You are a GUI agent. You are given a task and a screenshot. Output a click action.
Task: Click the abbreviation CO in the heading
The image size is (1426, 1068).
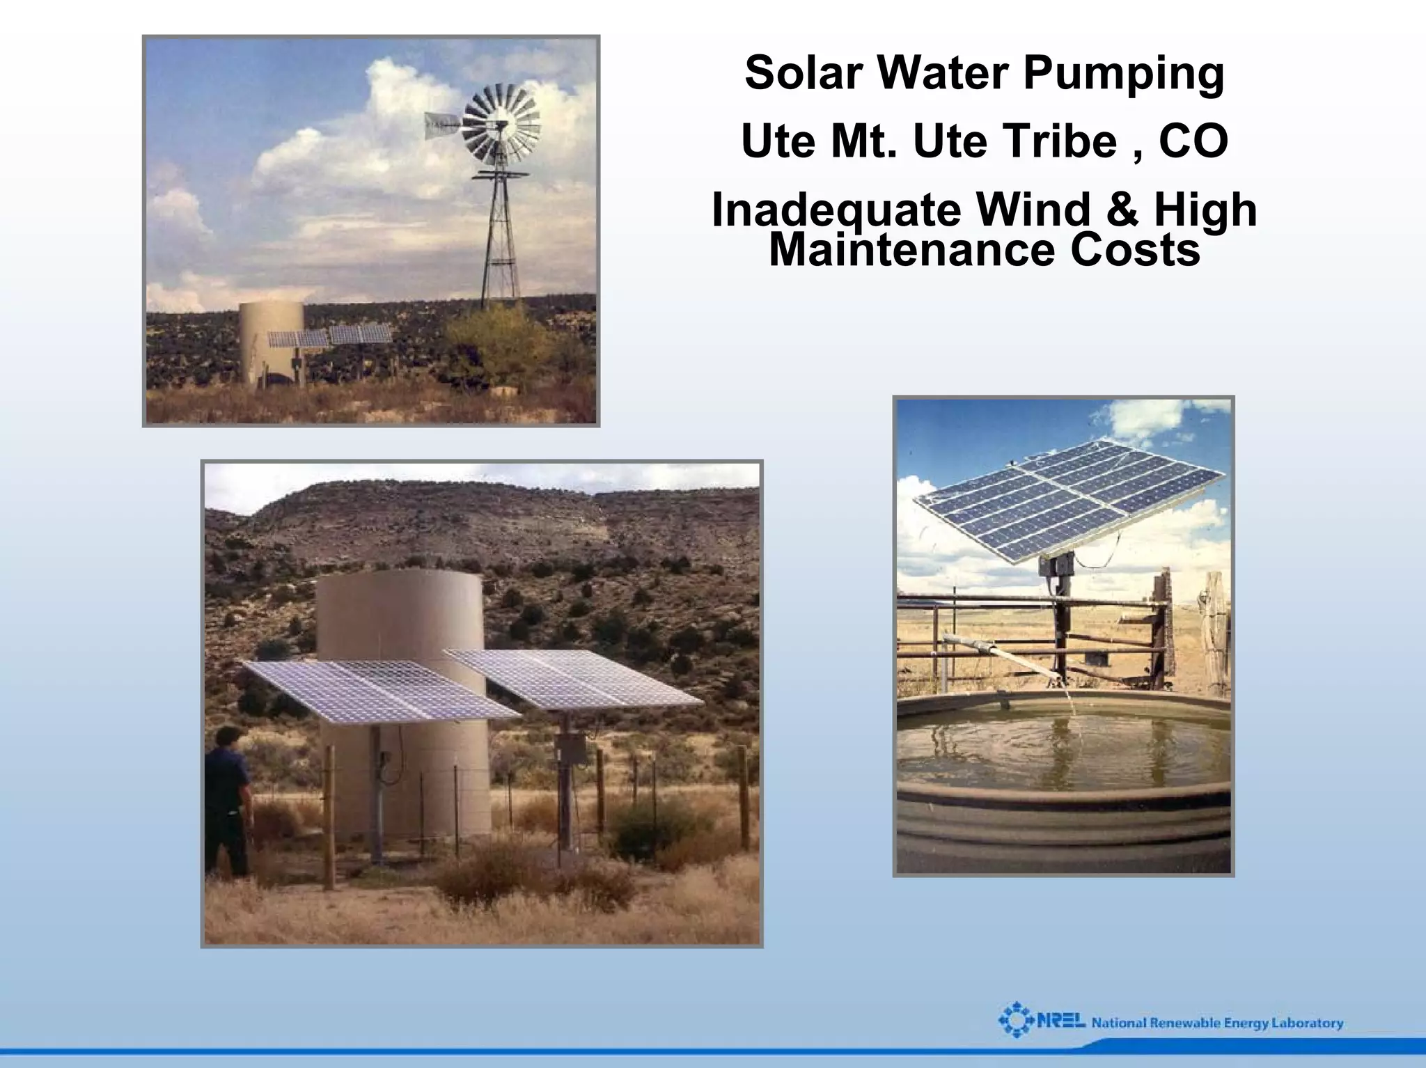pyautogui.click(x=1193, y=141)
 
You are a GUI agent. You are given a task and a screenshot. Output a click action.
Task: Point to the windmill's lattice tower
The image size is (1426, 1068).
pyautogui.click(x=501, y=237)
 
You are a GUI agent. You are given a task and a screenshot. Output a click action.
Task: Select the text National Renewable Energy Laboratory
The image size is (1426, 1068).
pyautogui.click(x=1217, y=1023)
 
